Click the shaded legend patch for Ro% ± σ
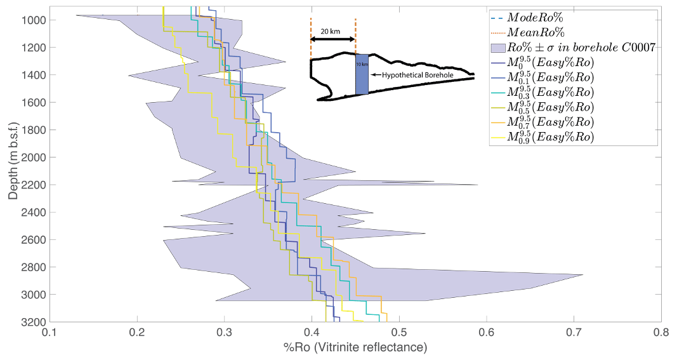pos(499,47)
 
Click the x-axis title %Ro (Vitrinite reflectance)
pos(355,347)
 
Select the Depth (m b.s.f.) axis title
pos(14,154)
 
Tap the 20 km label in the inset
pos(329,30)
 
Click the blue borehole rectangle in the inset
pos(362,75)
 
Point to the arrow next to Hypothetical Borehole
pos(376,75)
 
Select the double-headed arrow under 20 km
pos(333,40)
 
